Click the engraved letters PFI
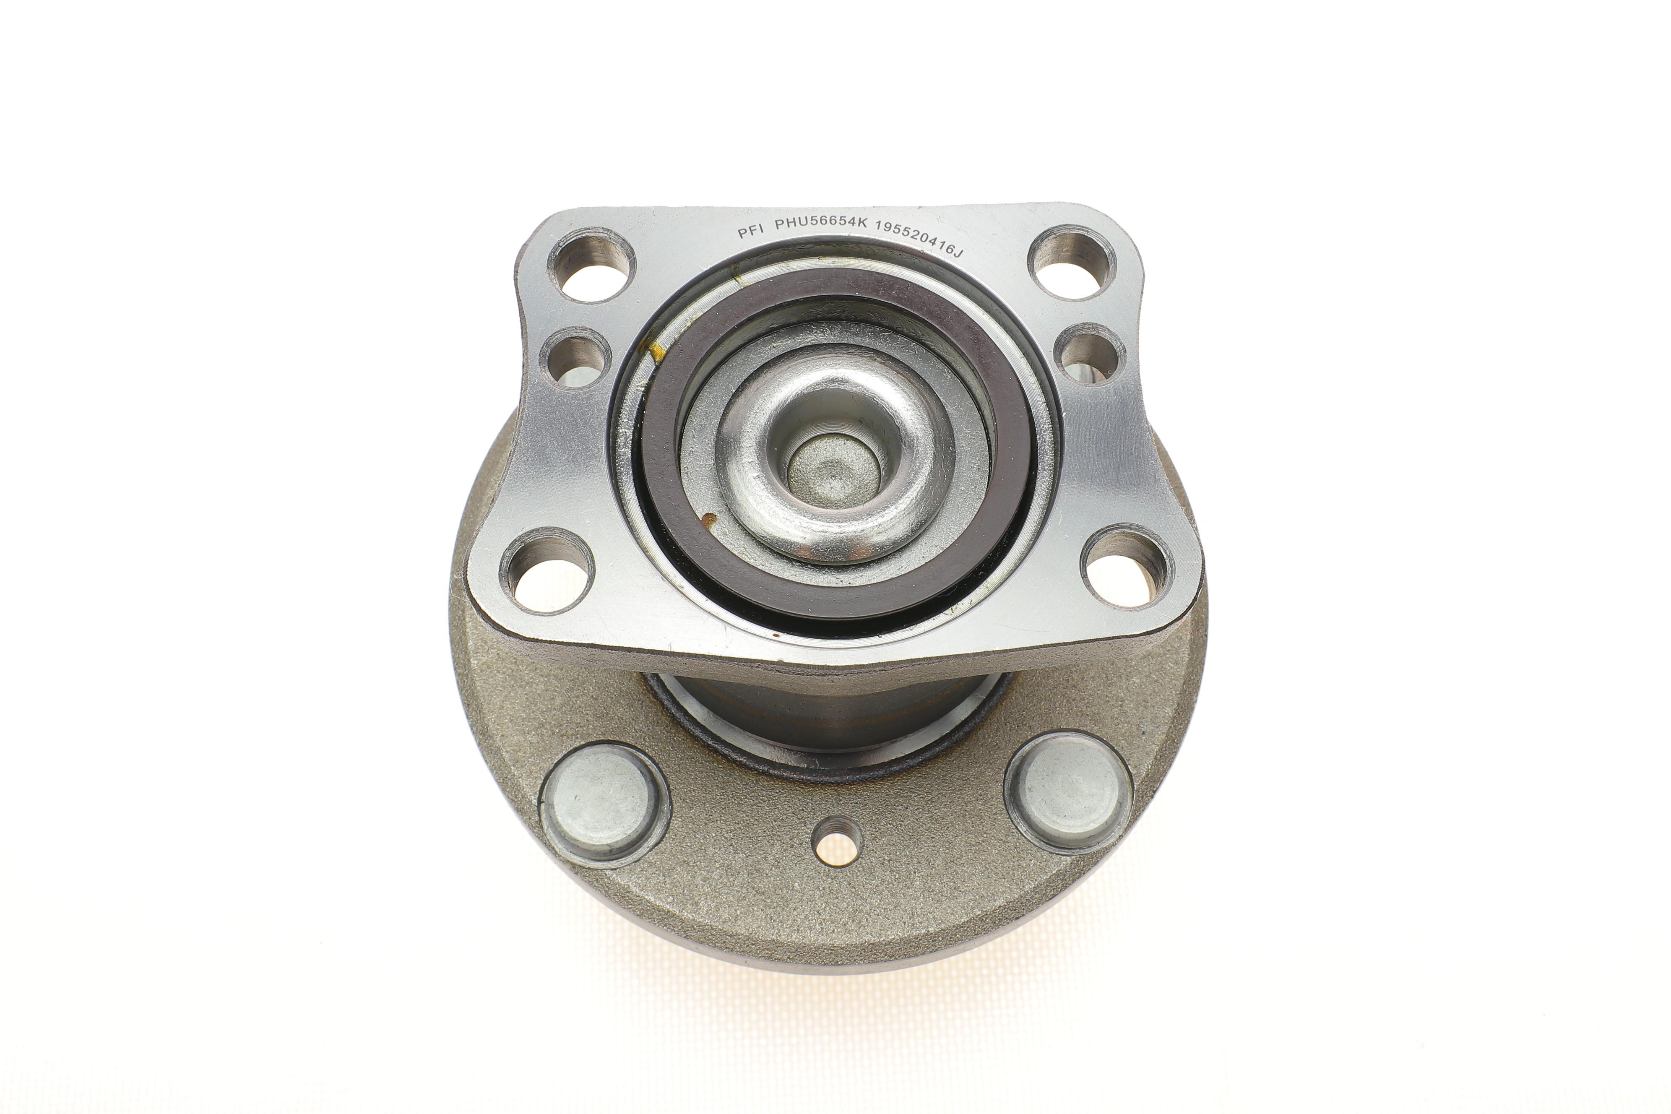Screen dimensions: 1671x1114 click(750, 231)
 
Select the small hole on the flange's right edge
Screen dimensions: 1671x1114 click(1091, 353)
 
